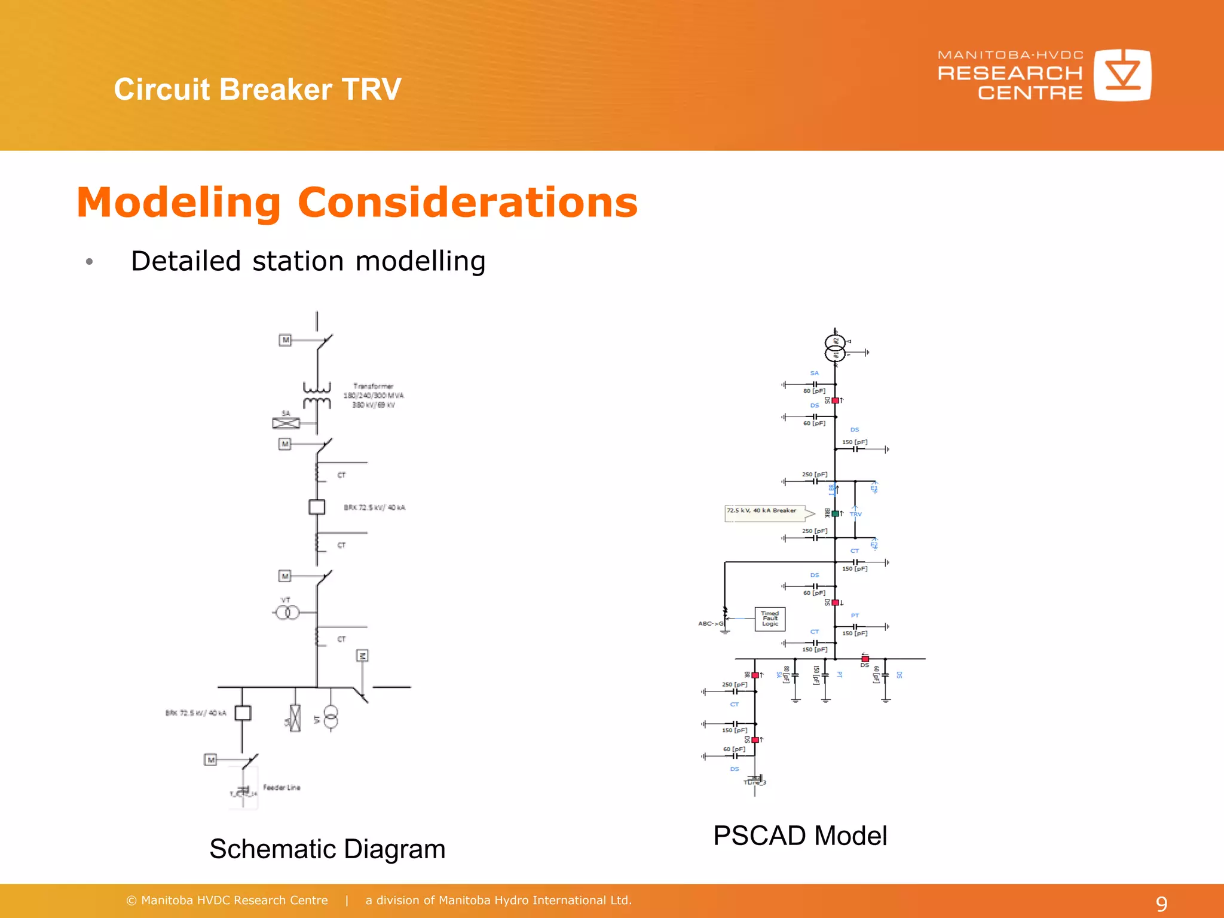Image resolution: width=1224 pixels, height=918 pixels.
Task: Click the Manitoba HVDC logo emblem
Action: pos(1122,75)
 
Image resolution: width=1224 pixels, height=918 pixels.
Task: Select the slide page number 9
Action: pos(1161,904)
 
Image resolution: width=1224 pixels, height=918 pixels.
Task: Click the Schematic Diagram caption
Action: pos(327,849)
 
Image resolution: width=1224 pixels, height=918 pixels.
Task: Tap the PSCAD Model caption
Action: pos(800,836)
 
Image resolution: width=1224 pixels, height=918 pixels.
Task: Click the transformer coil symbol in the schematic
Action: pos(317,396)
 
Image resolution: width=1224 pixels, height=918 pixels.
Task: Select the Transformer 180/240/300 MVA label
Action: pos(374,396)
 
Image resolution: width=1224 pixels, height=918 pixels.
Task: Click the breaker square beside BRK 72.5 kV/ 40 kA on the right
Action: pos(317,507)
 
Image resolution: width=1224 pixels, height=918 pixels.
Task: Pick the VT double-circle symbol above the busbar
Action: pos(287,613)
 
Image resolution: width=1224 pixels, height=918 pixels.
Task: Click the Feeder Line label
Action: pos(281,788)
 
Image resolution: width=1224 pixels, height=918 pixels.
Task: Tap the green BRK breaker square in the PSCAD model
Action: pos(836,513)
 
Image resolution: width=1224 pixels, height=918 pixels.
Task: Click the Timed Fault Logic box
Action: pos(770,619)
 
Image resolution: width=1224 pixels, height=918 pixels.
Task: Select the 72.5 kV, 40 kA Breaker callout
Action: pos(763,511)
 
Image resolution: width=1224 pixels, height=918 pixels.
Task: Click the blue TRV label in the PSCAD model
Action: pos(856,514)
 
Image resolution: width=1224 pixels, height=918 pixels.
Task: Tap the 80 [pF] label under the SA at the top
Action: pos(814,391)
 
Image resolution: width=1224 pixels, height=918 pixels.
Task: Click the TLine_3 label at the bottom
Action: pos(754,782)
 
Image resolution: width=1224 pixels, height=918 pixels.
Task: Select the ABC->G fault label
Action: pos(710,623)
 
